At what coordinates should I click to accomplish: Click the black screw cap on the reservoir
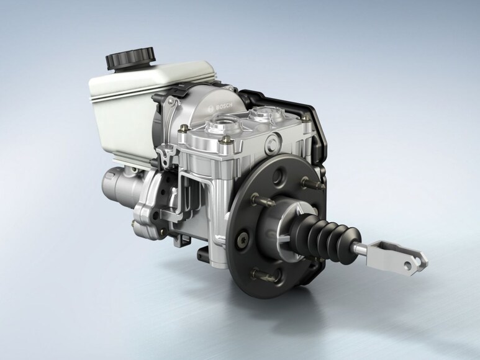tap(130, 59)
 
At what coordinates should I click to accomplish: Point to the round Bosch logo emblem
tap(211, 109)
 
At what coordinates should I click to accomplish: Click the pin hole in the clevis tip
tap(408, 265)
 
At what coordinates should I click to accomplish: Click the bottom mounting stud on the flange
tap(263, 276)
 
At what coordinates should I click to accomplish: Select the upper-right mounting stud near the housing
tap(313, 183)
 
